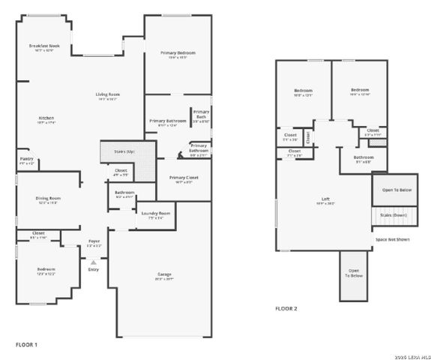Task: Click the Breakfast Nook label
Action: pyautogui.click(x=44, y=46)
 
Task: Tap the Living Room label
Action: pyautogui.click(x=108, y=94)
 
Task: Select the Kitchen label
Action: pyautogui.click(x=46, y=118)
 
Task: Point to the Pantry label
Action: pyautogui.click(x=26, y=160)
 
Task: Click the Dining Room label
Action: pyautogui.click(x=48, y=198)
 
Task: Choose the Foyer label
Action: pyautogui.click(x=94, y=241)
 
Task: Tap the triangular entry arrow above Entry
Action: pyautogui.click(x=93, y=262)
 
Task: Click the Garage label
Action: pyautogui.click(x=164, y=274)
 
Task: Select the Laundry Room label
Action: pyautogui.click(x=155, y=213)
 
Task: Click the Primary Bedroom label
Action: pyautogui.click(x=178, y=53)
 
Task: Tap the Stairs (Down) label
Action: pyautogui.click(x=394, y=215)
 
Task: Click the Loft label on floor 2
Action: pyautogui.click(x=325, y=198)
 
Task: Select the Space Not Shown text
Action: pyautogui.click(x=393, y=240)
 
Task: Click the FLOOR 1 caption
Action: pyautogui.click(x=26, y=344)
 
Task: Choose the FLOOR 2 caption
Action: pyautogui.click(x=286, y=308)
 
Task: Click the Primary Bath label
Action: pyautogui.click(x=200, y=114)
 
